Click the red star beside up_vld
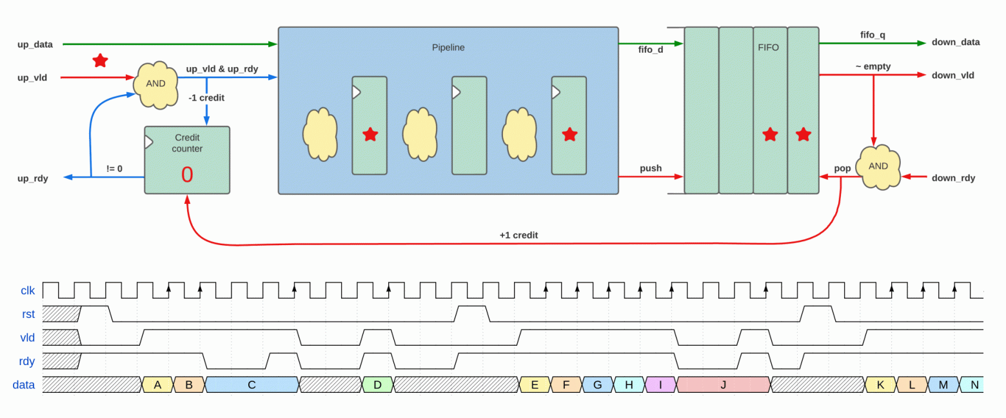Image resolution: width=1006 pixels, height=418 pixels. tap(100, 60)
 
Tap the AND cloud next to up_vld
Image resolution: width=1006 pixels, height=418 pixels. tap(156, 85)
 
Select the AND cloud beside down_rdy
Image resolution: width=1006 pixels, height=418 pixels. tap(878, 167)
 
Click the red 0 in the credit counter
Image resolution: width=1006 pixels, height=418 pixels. tap(187, 174)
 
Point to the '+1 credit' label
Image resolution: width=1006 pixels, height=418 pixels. tap(518, 235)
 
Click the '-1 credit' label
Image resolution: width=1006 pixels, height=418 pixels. tap(206, 97)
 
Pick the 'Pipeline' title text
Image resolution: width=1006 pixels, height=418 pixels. tap(448, 47)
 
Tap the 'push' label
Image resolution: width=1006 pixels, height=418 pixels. tap(650, 168)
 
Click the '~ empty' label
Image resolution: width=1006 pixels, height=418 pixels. tap(873, 66)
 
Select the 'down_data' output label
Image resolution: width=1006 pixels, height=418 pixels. tap(956, 42)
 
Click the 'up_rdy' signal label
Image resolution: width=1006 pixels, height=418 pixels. tap(33, 179)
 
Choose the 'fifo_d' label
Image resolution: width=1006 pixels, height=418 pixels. tap(651, 50)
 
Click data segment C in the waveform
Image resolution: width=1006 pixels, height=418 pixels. tap(252, 384)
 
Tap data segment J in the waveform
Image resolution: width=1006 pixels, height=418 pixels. tap(723, 384)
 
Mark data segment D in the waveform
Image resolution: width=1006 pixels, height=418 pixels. tap(377, 384)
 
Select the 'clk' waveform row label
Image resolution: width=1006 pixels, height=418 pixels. tap(28, 291)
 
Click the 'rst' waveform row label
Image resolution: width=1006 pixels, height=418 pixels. tap(28, 314)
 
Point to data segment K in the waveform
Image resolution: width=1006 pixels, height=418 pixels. tap(880, 384)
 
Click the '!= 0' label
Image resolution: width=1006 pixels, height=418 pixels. tap(114, 168)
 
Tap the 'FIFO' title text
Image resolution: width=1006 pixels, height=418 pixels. tap(769, 47)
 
